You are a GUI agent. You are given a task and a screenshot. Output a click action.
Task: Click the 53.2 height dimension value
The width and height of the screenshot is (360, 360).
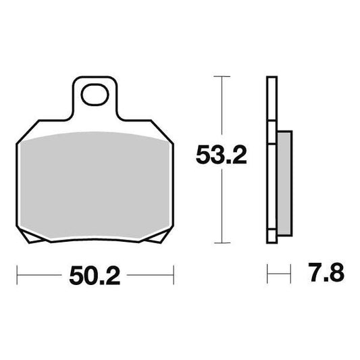(x=217, y=156)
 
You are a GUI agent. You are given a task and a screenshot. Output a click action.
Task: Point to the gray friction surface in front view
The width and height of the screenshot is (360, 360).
(x=94, y=184)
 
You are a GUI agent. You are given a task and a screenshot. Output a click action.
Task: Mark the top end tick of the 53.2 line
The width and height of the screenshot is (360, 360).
(x=217, y=78)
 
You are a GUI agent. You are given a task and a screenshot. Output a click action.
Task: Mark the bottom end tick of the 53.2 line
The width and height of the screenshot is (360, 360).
(x=217, y=242)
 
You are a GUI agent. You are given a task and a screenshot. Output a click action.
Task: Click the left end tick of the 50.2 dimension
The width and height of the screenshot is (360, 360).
(x=18, y=276)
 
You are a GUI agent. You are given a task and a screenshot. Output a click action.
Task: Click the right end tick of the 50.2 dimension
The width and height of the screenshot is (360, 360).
(x=174, y=276)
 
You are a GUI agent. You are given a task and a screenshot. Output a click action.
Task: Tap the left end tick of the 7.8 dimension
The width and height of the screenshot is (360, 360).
(x=267, y=276)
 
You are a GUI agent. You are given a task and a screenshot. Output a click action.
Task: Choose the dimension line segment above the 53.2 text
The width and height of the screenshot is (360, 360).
(x=217, y=108)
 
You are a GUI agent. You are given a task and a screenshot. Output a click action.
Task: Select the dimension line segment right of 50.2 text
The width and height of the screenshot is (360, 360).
(x=150, y=276)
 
